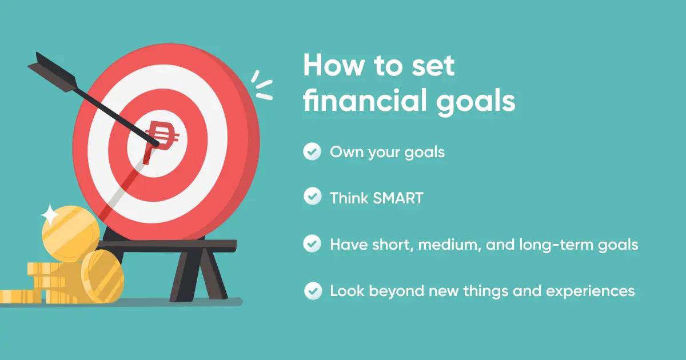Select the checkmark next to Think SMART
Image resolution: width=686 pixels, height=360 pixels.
(x=312, y=198)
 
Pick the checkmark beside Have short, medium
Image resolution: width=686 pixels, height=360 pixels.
(x=312, y=245)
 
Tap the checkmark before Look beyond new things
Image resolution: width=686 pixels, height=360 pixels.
(x=312, y=291)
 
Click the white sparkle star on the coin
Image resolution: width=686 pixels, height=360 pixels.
(x=50, y=215)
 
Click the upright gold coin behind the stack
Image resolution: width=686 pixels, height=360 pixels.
(x=67, y=231)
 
